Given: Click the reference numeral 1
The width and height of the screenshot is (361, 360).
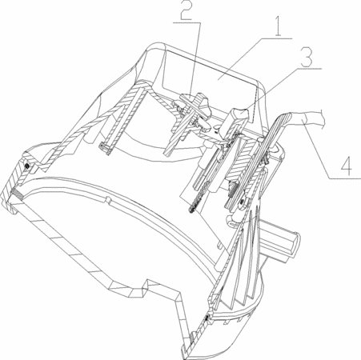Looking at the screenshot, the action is pos(278,26).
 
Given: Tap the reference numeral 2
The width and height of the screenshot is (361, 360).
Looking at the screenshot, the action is pos(187,10).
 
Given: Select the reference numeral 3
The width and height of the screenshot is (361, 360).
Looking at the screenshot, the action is pos(307,58).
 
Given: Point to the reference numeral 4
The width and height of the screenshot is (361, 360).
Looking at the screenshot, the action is pos(347,165).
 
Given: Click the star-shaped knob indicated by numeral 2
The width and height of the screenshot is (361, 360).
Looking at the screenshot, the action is pos(194,109).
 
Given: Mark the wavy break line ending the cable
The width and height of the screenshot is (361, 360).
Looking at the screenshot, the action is pos(322,119).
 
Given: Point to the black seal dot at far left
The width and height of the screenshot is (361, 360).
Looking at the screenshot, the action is pos(27,166).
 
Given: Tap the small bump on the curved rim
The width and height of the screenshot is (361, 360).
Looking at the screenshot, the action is pos(107,199).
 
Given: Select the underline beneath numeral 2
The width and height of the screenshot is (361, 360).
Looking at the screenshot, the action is pos(187,23).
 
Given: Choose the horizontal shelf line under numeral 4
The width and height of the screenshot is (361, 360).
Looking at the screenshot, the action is pos(345,178).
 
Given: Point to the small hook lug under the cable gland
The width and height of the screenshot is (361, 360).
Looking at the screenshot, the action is pos(231,220).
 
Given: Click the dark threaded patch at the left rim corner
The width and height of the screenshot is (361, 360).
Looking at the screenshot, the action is pos(17,193).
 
